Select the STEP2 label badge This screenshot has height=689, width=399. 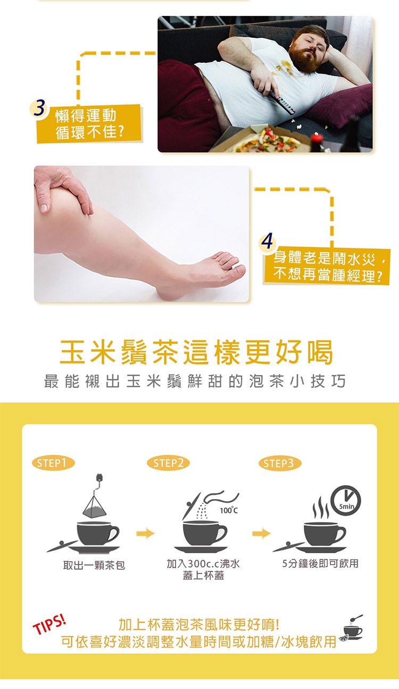[168, 463]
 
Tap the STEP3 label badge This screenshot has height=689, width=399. [279, 463]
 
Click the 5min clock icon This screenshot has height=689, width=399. [346, 501]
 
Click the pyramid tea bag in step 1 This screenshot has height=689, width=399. [96, 504]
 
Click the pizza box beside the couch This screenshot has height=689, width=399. [266, 140]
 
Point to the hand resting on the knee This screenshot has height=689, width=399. [64, 188]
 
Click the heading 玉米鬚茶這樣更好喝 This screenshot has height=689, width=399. [197, 352]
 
